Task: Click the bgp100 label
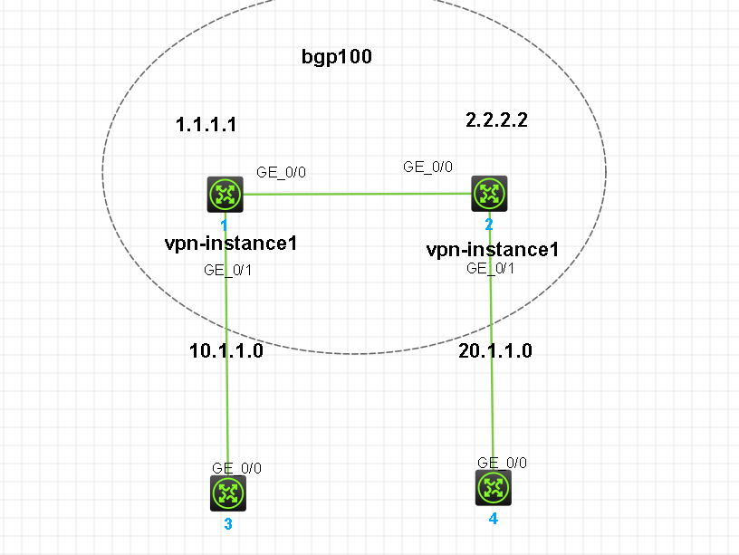click(x=337, y=57)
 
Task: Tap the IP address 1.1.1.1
click(x=206, y=124)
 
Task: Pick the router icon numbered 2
click(x=490, y=193)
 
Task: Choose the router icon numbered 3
click(x=228, y=494)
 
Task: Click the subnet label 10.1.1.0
click(x=226, y=351)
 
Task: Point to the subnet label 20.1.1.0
click(x=494, y=351)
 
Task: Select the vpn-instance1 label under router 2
click(x=493, y=249)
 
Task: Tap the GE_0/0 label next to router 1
click(x=283, y=172)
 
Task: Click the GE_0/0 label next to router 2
click(x=427, y=167)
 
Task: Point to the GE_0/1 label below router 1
click(x=228, y=269)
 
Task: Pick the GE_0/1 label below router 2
click(x=492, y=268)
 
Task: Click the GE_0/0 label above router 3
click(x=237, y=468)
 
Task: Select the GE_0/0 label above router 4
click(x=502, y=463)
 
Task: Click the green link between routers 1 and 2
click(x=358, y=193)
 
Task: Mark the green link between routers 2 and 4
click(x=492, y=398)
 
